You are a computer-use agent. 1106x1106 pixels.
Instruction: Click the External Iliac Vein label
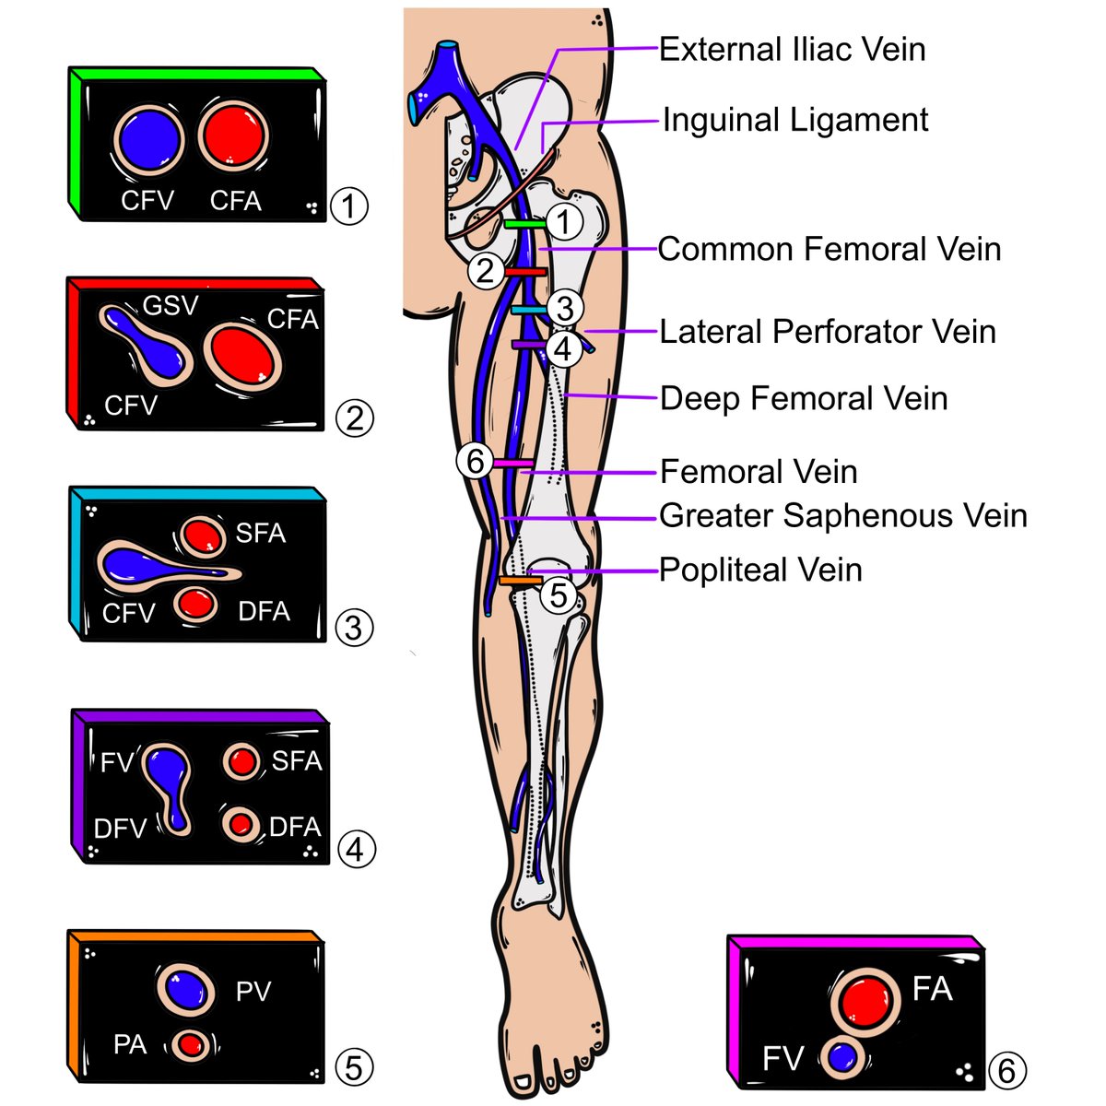792,49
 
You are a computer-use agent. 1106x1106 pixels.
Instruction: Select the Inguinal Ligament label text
795,120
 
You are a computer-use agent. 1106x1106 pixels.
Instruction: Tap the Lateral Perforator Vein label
828,332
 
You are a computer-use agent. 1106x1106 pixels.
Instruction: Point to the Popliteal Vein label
760,570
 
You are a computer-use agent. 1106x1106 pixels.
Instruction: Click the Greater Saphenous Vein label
842,515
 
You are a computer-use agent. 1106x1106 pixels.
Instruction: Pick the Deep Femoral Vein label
804,398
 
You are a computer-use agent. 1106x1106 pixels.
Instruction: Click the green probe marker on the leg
524,224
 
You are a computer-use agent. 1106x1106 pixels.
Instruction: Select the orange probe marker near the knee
520,582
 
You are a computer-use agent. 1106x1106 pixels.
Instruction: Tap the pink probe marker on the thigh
513,462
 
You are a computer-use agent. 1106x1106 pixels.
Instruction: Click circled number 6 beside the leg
476,460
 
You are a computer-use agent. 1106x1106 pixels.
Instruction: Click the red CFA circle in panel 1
234,136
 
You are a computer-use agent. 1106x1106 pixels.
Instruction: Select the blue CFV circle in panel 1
147,141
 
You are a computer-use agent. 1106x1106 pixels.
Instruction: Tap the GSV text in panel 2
171,305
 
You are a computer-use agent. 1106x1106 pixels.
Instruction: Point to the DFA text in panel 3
264,611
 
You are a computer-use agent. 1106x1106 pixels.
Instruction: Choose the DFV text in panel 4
120,829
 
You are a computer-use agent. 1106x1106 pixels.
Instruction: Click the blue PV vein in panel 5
185,989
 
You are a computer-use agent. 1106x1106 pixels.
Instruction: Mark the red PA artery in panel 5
191,1045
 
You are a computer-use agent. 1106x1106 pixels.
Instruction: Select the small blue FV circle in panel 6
841,1057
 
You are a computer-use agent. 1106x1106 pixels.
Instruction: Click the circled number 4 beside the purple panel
357,848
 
